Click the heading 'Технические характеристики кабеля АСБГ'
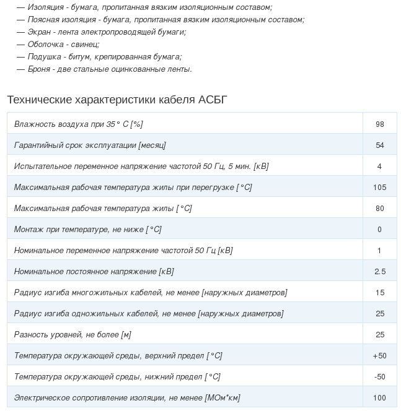coord(117,100)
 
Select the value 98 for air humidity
coord(380,124)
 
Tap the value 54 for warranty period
coord(380,145)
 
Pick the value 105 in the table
coord(380,187)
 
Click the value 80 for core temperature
coord(380,208)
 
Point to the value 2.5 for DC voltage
coord(380,271)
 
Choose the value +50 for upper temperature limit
coord(380,355)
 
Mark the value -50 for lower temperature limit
coord(380,376)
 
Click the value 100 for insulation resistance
coord(380,397)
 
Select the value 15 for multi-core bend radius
coord(380,292)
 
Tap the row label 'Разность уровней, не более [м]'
coord(73,334)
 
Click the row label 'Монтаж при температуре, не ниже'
coord(87,229)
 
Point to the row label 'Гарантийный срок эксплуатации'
coord(90,145)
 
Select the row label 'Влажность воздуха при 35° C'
coord(78,124)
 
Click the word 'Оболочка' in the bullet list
coord(45,44)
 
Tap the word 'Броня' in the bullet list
coord(39,69)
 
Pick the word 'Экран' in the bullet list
coord(39,32)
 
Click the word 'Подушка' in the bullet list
coord(44,56)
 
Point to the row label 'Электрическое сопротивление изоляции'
coord(127,397)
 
